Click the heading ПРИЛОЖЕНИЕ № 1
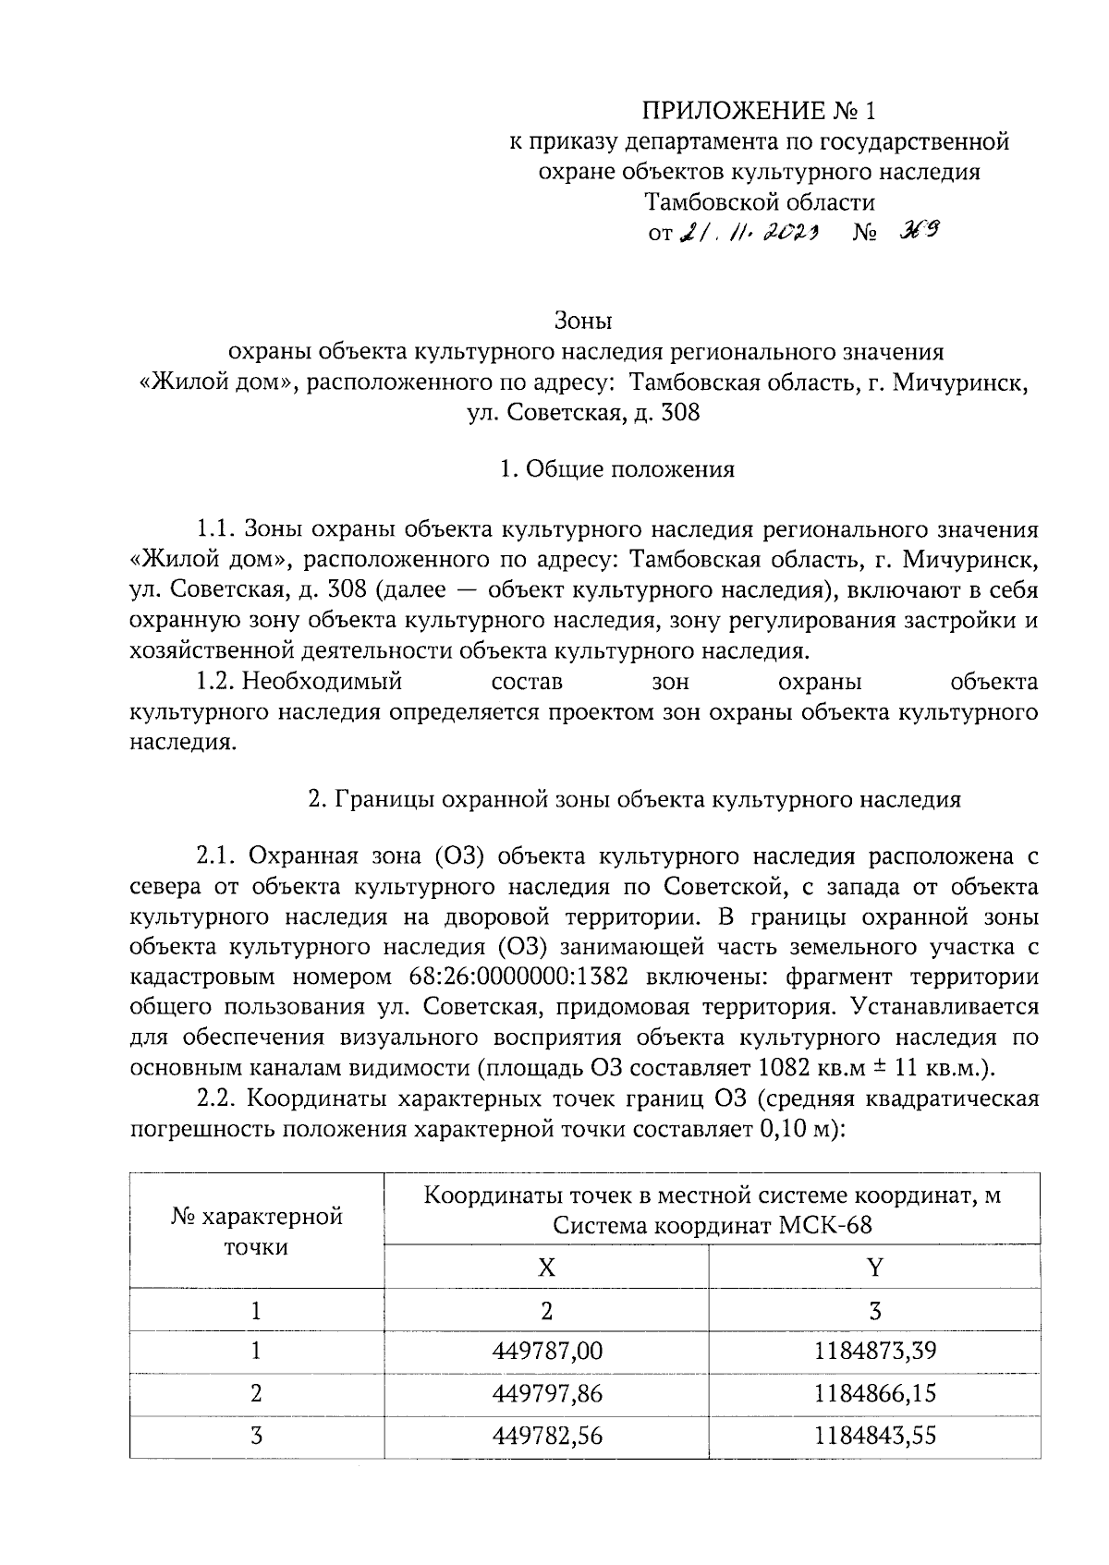tap(758, 112)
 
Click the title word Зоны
tap(583, 321)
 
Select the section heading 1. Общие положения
tap(616, 469)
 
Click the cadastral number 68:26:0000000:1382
tap(517, 977)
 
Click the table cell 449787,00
tap(547, 1352)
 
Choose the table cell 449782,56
tap(547, 1436)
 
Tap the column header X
tap(547, 1267)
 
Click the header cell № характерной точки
tap(256, 1231)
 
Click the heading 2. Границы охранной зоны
tap(634, 799)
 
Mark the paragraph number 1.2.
tap(215, 683)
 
